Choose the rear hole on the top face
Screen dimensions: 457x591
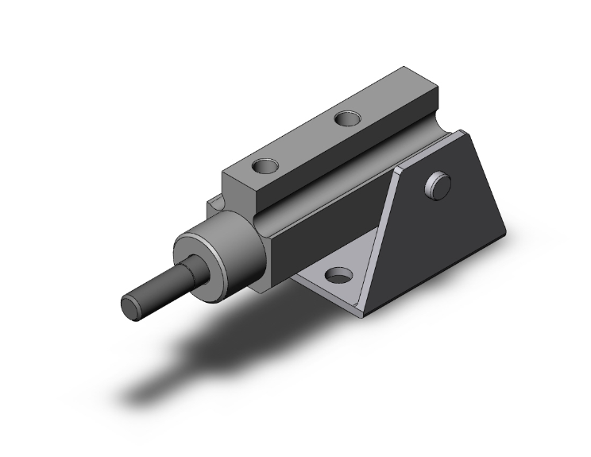coord(347,119)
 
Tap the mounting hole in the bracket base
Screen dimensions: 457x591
coord(339,277)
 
